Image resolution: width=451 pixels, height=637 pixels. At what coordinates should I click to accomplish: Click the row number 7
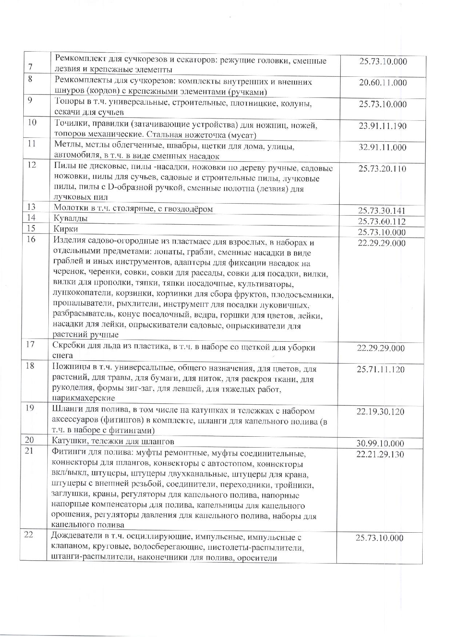point(30,67)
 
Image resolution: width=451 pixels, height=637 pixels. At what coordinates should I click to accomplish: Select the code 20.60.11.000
point(383,83)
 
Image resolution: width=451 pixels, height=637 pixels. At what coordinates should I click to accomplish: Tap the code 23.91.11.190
point(382,126)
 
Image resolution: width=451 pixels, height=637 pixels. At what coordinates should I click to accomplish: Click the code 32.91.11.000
point(382,148)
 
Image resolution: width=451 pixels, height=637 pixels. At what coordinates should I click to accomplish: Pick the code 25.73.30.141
point(382,211)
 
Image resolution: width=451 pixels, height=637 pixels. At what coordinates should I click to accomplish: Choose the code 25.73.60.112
point(382,221)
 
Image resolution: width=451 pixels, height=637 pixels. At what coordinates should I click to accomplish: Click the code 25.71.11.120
point(380,369)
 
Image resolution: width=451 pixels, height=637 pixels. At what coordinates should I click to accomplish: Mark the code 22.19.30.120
point(380,412)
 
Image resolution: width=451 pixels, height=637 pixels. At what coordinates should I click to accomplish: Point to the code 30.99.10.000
point(380,444)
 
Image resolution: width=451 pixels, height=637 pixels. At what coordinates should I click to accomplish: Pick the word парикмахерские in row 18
point(84,398)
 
